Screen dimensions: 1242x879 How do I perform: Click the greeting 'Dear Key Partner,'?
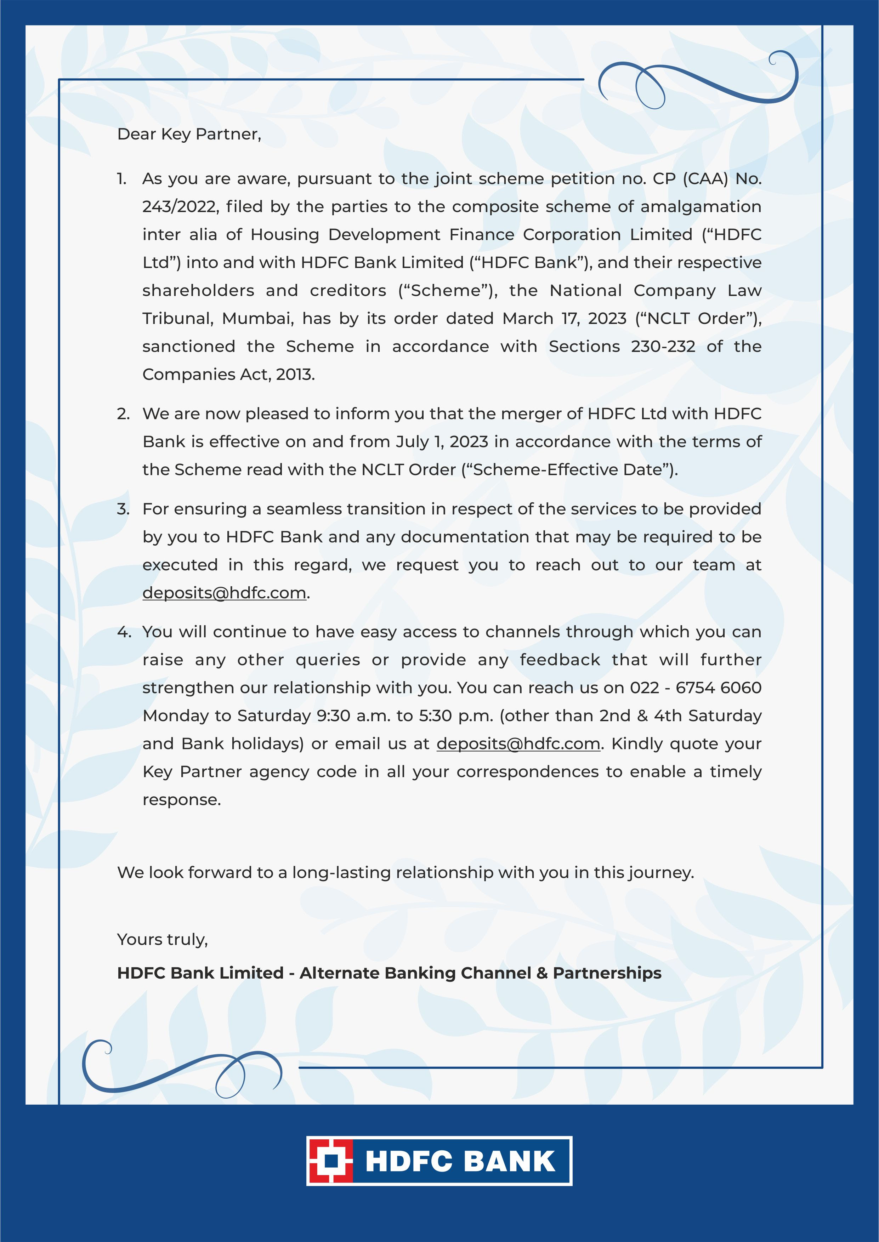pos(189,134)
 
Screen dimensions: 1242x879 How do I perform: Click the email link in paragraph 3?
pos(224,593)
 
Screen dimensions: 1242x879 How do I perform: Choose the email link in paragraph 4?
pos(518,744)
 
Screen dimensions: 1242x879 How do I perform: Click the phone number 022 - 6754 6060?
pos(696,688)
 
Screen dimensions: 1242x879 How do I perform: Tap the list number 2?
pos(123,414)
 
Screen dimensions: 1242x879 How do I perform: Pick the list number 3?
pos(123,509)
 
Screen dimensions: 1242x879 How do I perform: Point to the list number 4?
pos(123,632)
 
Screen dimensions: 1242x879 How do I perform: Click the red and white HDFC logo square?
pos(330,1161)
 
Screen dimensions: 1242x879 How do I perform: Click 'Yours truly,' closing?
pos(162,940)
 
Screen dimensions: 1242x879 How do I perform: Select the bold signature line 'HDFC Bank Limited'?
pos(200,973)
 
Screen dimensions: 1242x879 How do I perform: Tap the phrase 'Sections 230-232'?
pos(622,347)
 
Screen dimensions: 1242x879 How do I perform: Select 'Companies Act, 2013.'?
pos(228,374)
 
